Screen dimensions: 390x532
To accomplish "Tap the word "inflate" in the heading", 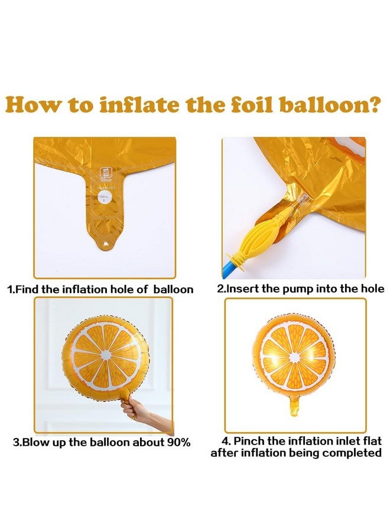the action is (139, 105).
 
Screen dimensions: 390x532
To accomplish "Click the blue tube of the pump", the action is (228, 270).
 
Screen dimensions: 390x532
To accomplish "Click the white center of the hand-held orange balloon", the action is (106, 355).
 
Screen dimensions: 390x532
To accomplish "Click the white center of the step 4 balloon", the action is (295, 357).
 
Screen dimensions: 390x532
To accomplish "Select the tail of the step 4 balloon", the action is (295, 406).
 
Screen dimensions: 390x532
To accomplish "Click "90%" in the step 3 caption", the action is (178, 442).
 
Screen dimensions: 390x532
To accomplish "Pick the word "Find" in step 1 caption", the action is (27, 290).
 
